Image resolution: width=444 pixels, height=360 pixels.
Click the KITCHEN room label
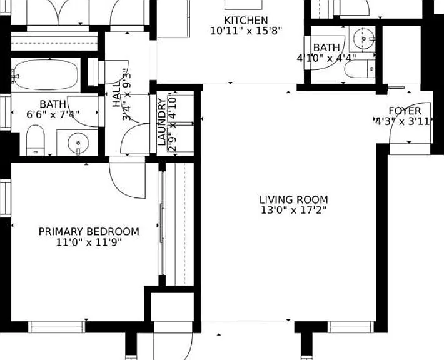(x=246, y=21)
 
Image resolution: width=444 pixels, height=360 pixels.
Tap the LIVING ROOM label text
(x=294, y=200)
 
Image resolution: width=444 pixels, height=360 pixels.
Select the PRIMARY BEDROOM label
(x=89, y=232)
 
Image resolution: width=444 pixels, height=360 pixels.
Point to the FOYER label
(x=405, y=111)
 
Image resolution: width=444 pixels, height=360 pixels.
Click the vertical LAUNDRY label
(x=161, y=122)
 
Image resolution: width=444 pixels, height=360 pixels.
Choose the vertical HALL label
(x=116, y=95)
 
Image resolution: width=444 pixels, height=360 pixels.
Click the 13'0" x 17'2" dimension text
(x=294, y=210)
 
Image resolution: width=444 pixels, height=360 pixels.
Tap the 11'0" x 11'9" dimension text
(x=89, y=242)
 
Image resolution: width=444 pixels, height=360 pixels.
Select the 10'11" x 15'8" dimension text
(x=246, y=31)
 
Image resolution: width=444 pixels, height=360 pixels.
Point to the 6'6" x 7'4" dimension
(x=53, y=114)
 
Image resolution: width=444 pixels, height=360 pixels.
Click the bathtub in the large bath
(x=46, y=74)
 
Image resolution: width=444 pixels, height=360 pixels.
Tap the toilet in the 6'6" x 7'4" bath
(x=36, y=140)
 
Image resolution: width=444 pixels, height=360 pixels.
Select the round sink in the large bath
(x=78, y=143)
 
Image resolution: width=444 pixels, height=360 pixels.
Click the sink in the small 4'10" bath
(x=364, y=39)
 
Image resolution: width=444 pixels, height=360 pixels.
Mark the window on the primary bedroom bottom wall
(x=57, y=327)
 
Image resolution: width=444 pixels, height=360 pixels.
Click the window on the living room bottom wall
(x=351, y=327)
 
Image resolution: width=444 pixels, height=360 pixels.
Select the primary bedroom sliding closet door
(x=163, y=224)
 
